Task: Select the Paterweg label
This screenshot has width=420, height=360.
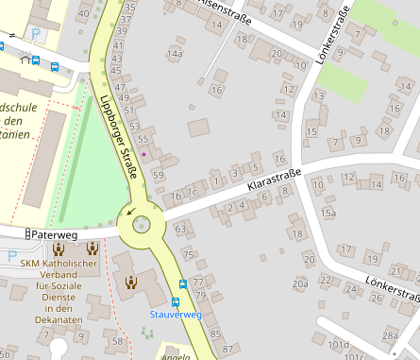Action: (54, 233)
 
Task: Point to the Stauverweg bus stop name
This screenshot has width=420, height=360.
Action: (176, 314)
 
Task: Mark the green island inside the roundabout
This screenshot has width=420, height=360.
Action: (142, 224)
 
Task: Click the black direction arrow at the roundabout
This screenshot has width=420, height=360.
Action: (130, 211)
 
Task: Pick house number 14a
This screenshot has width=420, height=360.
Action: (175, 54)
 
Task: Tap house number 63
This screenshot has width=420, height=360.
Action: (180, 229)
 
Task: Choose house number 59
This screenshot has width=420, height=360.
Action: (159, 176)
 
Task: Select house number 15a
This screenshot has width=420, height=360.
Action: (328, 214)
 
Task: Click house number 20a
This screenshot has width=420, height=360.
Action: (300, 283)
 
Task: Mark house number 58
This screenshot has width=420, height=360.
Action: (118, 339)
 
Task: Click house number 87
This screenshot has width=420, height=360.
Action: (215, 334)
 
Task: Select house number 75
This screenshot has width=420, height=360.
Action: (188, 255)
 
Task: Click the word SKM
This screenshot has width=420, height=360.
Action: (32, 264)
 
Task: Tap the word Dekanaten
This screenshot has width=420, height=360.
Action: (59, 320)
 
